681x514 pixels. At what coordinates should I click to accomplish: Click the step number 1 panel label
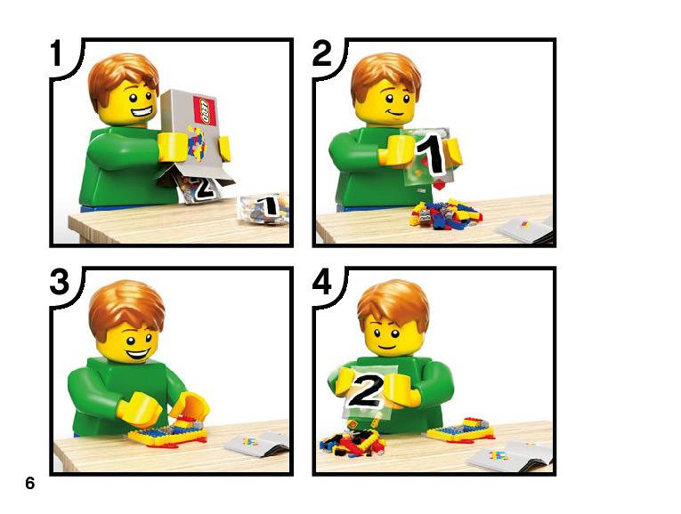pos(56,53)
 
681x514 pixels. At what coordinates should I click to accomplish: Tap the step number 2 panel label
pos(322,53)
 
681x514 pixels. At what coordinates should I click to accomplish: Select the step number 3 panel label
pos(60,282)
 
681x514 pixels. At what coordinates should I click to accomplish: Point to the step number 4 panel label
pos(322,282)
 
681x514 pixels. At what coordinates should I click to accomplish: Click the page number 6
pos(30,483)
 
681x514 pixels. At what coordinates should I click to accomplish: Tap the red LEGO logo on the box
pos(204,111)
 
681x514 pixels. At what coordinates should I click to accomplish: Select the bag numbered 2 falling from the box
pos(200,188)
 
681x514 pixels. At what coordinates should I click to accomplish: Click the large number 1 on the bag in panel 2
pos(430,155)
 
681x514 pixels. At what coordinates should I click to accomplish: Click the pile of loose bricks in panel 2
pos(445,213)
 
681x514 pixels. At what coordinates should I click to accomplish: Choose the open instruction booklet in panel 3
pos(257,443)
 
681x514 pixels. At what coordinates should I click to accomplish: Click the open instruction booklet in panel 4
pos(510,455)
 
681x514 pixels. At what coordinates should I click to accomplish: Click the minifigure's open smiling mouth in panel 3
pos(138,355)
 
